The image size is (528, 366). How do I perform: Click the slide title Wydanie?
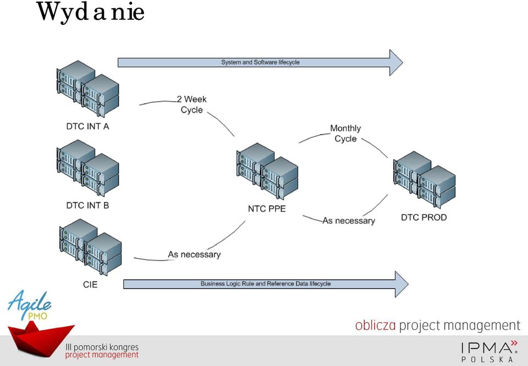[91, 13]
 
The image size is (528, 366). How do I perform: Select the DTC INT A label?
[87, 126]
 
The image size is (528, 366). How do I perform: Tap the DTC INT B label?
[87, 206]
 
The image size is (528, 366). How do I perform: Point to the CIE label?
[90, 285]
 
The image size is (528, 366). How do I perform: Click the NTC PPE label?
[267, 209]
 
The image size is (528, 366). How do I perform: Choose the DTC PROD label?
[424, 217]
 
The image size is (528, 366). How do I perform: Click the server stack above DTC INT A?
[88, 89]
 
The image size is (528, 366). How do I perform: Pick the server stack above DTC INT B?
[88, 168]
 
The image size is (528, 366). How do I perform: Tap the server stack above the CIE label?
[91, 247]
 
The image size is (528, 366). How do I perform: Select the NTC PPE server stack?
[267, 171]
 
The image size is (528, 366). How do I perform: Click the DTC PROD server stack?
[424, 180]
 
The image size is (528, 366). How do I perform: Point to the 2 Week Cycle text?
[191, 104]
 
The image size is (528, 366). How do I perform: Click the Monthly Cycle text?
[345, 134]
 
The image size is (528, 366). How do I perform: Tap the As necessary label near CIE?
[194, 254]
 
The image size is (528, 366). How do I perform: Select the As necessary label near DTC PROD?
[349, 221]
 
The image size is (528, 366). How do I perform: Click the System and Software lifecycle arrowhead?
[396, 63]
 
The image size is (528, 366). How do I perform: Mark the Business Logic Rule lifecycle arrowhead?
[402, 284]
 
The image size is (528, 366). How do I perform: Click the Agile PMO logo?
[29, 305]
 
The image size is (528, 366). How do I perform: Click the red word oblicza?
[376, 325]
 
